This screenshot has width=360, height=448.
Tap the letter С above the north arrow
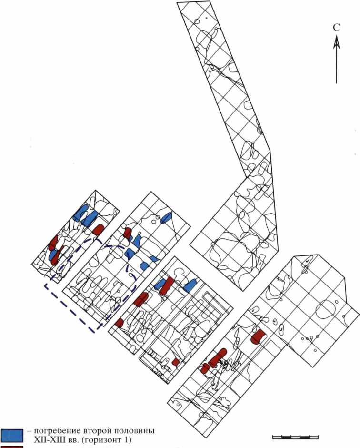tap(336, 28)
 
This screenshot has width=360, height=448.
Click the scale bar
tap(295, 437)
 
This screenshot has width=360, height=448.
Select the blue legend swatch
tap(11, 434)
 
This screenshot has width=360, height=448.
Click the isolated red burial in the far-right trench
tap(258, 335)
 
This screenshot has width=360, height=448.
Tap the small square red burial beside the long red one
tap(205, 368)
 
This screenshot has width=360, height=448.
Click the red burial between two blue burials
tap(166, 285)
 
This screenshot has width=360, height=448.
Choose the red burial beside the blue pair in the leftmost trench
tap(98, 229)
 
